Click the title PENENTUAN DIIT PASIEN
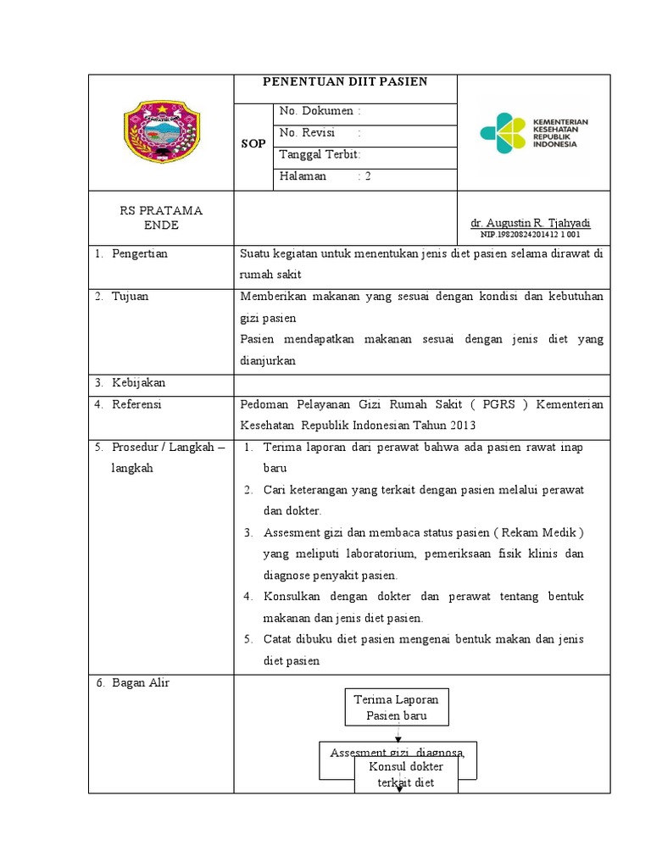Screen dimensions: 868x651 (344, 82)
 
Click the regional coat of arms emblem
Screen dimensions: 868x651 (160, 132)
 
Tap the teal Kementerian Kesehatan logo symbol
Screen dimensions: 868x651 (502, 133)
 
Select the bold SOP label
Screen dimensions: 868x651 (253, 144)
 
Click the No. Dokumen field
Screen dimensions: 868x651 (320, 111)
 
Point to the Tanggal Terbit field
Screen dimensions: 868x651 (320, 154)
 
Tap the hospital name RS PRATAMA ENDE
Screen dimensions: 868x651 (160, 218)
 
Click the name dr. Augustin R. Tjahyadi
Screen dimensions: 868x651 (531, 223)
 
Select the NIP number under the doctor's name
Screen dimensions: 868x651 (531, 234)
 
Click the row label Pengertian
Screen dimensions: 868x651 (140, 254)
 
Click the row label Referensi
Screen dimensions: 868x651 (136, 404)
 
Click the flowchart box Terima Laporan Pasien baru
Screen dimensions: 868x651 (396, 707)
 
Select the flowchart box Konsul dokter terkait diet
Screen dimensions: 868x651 (406, 775)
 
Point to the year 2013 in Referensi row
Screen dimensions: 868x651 (462, 426)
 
